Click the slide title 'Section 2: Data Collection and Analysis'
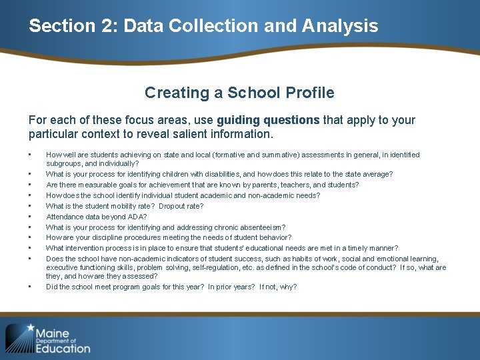pyautogui.click(x=203, y=26)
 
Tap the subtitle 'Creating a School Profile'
pyautogui.click(x=239, y=93)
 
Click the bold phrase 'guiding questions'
pyautogui.click(x=268, y=120)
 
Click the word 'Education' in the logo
pyautogui.click(x=63, y=347)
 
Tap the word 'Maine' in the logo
pyautogui.click(x=53, y=332)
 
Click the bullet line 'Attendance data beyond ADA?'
pyautogui.click(x=96, y=217)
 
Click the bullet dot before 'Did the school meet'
pyautogui.click(x=31, y=287)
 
